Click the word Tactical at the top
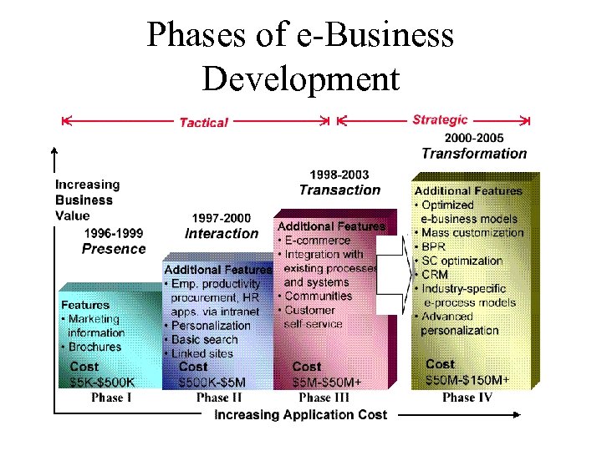(x=203, y=123)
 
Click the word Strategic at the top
(x=440, y=120)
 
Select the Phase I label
(x=111, y=398)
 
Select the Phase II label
(x=218, y=398)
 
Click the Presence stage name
(x=114, y=249)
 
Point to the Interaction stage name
(x=222, y=233)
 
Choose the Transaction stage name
(x=339, y=190)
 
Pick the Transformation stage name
(x=474, y=154)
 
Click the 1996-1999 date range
(x=114, y=234)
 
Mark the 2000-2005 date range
(x=474, y=138)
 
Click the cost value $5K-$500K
(x=102, y=383)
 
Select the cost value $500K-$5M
(x=212, y=383)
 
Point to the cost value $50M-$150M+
(x=467, y=380)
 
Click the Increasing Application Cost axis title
(x=301, y=415)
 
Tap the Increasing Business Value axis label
(x=87, y=200)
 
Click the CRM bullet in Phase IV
(x=435, y=275)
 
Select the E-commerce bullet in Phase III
(x=321, y=241)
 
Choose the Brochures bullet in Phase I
(x=94, y=347)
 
